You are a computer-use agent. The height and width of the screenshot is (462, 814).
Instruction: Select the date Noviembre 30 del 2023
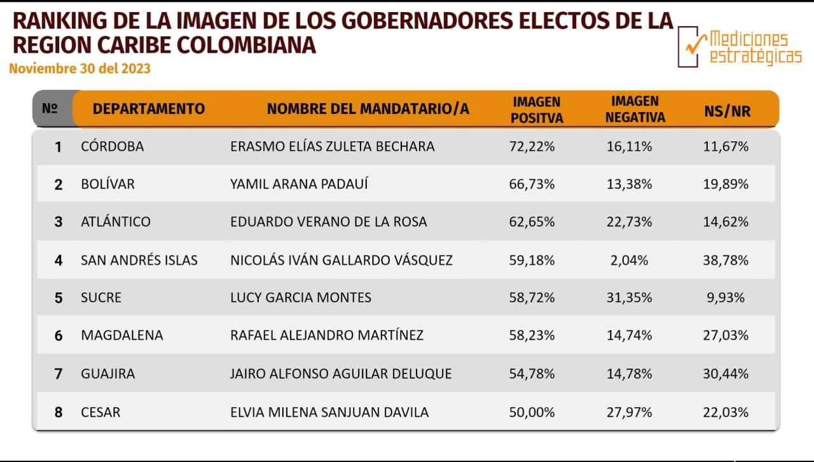[x=79, y=68]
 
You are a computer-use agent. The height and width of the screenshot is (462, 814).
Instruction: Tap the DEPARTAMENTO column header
[x=149, y=109]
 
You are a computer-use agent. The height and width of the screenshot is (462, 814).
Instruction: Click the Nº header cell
[x=50, y=109]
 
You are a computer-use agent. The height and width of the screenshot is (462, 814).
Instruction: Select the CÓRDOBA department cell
[x=113, y=146]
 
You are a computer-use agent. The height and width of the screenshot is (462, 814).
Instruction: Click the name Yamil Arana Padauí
[x=299, y=185]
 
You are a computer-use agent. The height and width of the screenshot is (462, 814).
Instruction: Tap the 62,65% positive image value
[x=532, y=222]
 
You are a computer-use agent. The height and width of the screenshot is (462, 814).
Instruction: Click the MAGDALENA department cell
[x=122, y=335]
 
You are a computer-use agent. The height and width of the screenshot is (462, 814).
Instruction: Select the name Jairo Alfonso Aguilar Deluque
[x=341, y=374]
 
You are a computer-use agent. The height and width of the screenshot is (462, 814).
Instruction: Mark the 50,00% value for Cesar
[x=532, y=412]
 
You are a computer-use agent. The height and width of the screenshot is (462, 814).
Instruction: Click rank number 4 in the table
[x=59, y=260]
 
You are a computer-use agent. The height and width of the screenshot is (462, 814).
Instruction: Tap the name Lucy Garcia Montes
[x=301, y=297]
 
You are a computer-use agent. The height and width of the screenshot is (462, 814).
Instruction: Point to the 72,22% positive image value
[x=532, y=146]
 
